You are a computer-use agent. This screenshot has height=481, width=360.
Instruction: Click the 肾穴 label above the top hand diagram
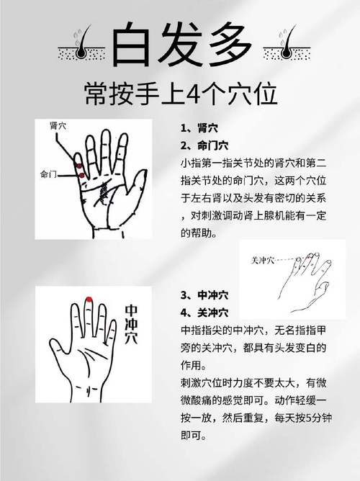click(x=59, y=125)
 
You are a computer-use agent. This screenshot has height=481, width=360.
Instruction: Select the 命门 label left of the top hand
click(x=50, y=174)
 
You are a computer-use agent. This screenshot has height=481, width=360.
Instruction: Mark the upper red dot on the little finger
click(x=78, y=164)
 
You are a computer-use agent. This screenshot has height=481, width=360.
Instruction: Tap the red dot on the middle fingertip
click(x=88, y=299)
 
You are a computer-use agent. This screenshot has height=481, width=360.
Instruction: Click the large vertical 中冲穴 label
click(x=132, y=324)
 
